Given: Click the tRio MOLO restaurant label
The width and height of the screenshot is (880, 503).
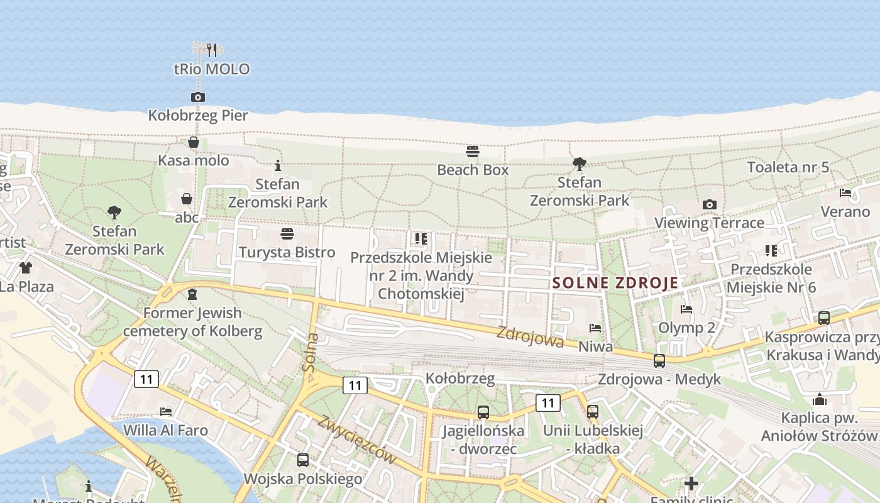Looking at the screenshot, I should [x=212, y=69].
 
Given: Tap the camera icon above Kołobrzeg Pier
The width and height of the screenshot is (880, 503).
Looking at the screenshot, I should [x=198, y=97].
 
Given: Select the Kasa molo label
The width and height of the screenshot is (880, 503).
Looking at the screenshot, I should [x=194, y=160].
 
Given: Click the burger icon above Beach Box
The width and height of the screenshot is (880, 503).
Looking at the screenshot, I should [x=473, y=152].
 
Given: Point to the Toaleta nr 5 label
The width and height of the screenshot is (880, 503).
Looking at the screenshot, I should [x=788, y=167].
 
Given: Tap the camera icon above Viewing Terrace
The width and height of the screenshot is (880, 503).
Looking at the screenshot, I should [x=710, y=204].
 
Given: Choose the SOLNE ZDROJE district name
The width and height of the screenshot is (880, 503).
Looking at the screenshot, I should [x=615, y=283].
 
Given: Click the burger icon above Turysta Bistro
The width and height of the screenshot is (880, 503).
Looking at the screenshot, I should [x=287, y=234].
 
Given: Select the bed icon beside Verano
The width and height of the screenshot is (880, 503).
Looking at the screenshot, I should [x=845, y=193].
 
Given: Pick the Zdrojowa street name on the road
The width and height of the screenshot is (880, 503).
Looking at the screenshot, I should [x=530, y=336].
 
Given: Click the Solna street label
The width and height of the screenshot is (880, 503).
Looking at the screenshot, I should [x=311, y=353].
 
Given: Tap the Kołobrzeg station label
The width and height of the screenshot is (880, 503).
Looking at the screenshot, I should [x=460, y=379].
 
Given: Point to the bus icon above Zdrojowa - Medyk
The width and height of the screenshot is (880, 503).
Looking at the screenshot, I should [x=659, y=361].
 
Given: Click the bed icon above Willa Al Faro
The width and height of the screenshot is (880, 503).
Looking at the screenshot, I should [x=166, y=412].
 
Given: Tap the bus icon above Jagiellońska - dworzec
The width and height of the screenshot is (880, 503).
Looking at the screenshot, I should [x=483, y=412].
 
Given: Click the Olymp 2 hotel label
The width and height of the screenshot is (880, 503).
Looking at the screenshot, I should [x=686, y=328].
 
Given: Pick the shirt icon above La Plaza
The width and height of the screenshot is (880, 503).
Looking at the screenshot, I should [x=25, y=268].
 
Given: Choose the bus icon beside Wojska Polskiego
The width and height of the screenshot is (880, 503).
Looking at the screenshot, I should [x=303, y=460].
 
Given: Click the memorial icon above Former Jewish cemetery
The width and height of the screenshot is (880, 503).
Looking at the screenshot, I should [x=192, y=294].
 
